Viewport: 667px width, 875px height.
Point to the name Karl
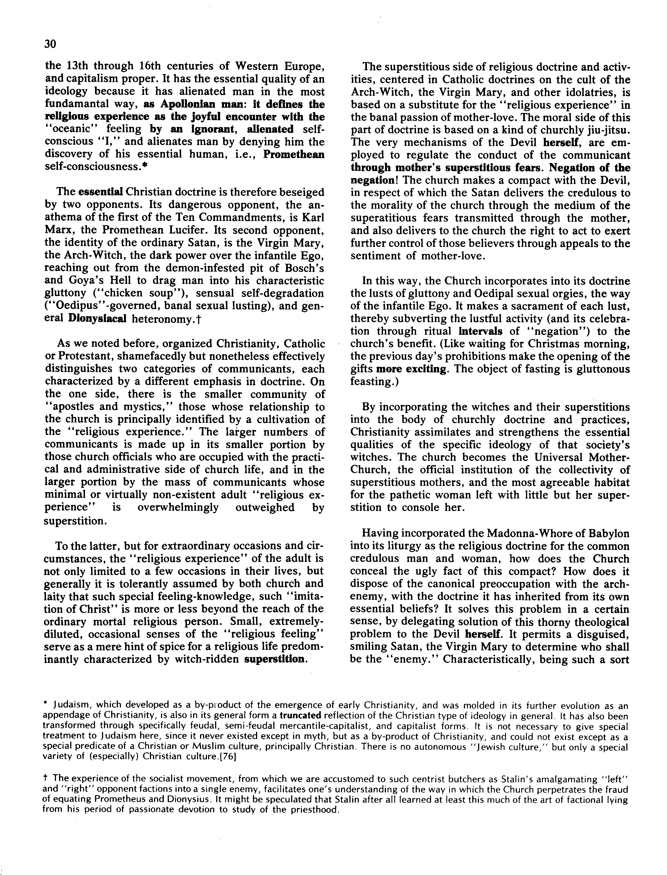[314, 217]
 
